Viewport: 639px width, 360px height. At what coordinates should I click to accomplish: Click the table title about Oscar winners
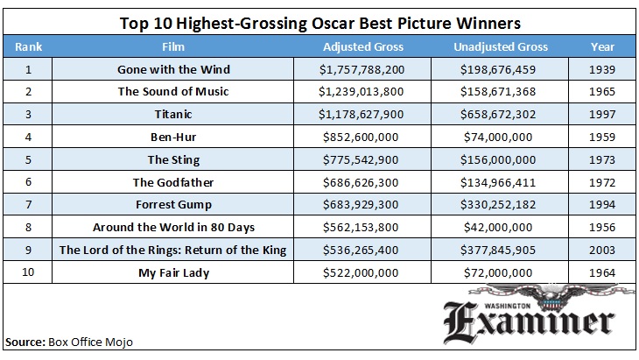319,21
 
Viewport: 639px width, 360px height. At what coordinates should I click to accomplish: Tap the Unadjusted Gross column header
501,47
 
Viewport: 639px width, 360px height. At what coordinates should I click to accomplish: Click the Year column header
602,47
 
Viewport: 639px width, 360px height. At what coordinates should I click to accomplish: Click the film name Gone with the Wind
172,68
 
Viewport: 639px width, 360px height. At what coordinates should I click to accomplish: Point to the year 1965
602,91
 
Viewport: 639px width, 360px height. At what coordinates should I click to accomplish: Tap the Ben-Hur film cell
172,137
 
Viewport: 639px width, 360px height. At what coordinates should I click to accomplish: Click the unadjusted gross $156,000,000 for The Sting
501,159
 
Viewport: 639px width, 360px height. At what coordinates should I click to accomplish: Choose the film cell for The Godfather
172,182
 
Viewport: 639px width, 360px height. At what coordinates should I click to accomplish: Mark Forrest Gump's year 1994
602,205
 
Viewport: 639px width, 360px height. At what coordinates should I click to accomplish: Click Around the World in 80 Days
172,228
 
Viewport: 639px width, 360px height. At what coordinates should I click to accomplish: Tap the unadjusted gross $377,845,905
501,251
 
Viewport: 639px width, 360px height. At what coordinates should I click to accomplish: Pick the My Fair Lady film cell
172,273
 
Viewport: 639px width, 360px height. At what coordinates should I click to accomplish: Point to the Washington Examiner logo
539,320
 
